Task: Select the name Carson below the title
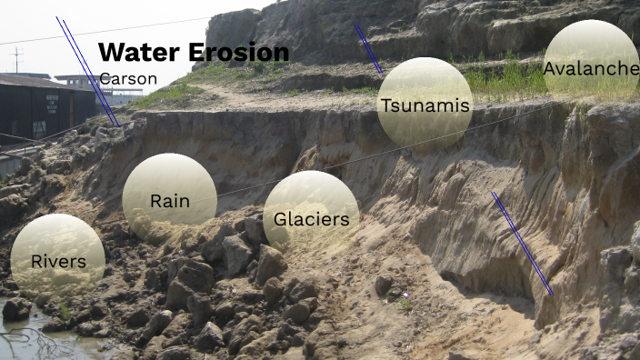tap(128, 79)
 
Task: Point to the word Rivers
tap(58, 262)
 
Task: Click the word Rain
tap(170, 201)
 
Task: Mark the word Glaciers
tap(311, 219)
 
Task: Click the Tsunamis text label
tap(425, 105)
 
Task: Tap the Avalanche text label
tap(591, 68)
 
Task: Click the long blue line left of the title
tap(87, 71)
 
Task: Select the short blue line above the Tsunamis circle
tap(368, 47)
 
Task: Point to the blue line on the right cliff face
tap(523, 244)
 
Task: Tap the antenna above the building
tap(16, 59)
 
